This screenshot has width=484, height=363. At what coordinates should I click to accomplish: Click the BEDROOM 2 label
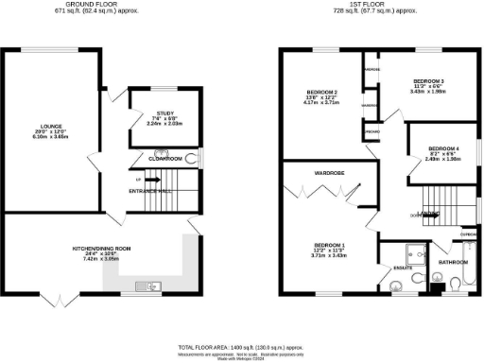tap(321, 92)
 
